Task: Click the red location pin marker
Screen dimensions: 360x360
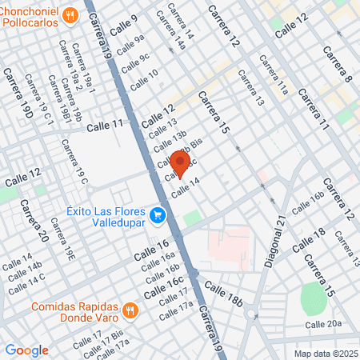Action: pos(179,162)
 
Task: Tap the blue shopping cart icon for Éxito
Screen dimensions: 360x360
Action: pos(158,214)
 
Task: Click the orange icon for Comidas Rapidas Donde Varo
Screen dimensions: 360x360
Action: pos(130,308)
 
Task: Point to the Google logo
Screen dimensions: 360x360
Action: pos(26,350)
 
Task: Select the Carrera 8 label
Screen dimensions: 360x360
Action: pos(337,64)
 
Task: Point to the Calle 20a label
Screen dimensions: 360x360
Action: pos(323,324)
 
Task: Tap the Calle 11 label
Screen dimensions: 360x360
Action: pos(106,125)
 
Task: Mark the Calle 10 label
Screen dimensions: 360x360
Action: pos(144,78)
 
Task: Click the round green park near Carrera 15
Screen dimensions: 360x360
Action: pos(314,298)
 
